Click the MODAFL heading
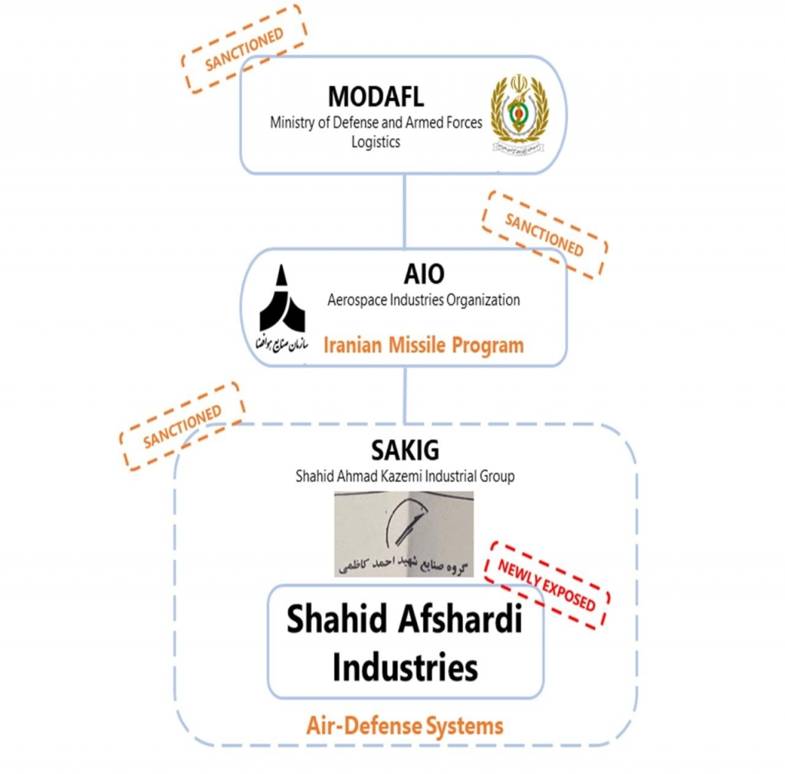pos(376,97)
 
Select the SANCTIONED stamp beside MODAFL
pos(244,49)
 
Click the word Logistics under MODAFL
pos(376,142)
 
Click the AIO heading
pos(423,274)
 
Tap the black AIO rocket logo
pos(282,300)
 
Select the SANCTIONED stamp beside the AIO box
pos(544,234)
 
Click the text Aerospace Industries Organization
pos(423,300)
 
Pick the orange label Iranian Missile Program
pos(424,345)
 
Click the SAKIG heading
pos(406,451)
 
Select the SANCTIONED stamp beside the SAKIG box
pos(182,427)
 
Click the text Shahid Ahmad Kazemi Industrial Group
pos(406,476)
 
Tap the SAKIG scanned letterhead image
pos(404,533)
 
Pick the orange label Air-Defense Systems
pos(405,725)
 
